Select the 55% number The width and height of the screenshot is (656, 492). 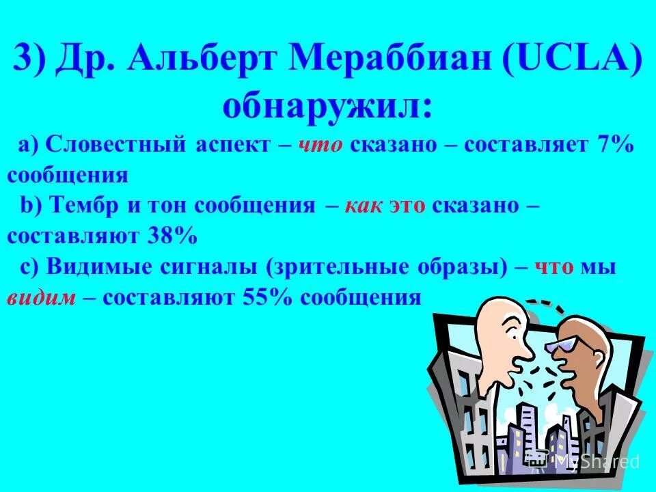(269, 297)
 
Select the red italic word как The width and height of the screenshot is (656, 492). (365, 206)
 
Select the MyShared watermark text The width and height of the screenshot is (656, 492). (596, 461)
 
